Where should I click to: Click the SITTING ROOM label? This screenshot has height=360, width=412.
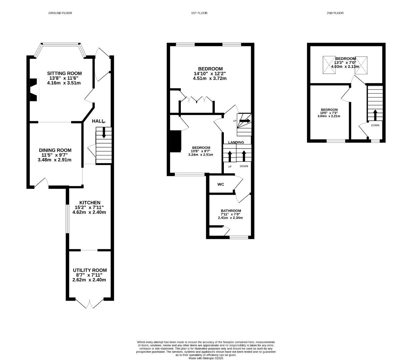point(64,73)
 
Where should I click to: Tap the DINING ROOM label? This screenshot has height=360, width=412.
point(55,150)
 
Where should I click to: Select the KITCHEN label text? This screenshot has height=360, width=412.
point(90,203)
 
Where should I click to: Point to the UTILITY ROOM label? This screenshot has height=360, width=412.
point(90,270)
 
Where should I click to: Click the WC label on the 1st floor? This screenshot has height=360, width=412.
point(221,184)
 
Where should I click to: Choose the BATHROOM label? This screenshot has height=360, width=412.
point(231,211)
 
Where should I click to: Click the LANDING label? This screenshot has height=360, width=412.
point(236,142)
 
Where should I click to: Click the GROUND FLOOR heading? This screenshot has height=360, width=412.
point(60,13)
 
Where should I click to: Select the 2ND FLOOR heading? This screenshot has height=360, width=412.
point(335,13)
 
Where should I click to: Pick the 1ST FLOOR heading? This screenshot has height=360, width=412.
point(199,13)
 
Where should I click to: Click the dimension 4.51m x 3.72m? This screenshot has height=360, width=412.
point(210,78)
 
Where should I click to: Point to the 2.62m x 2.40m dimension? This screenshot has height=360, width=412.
point(89,280)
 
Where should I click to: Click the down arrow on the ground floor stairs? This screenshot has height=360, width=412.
point(104,133)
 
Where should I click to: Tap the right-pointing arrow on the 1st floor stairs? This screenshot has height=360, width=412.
point(245,121)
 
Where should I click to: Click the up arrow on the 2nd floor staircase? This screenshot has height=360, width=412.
point(375,115)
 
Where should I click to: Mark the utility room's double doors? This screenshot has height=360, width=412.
point(90,303)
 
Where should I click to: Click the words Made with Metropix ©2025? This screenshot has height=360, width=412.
point(206,358)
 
